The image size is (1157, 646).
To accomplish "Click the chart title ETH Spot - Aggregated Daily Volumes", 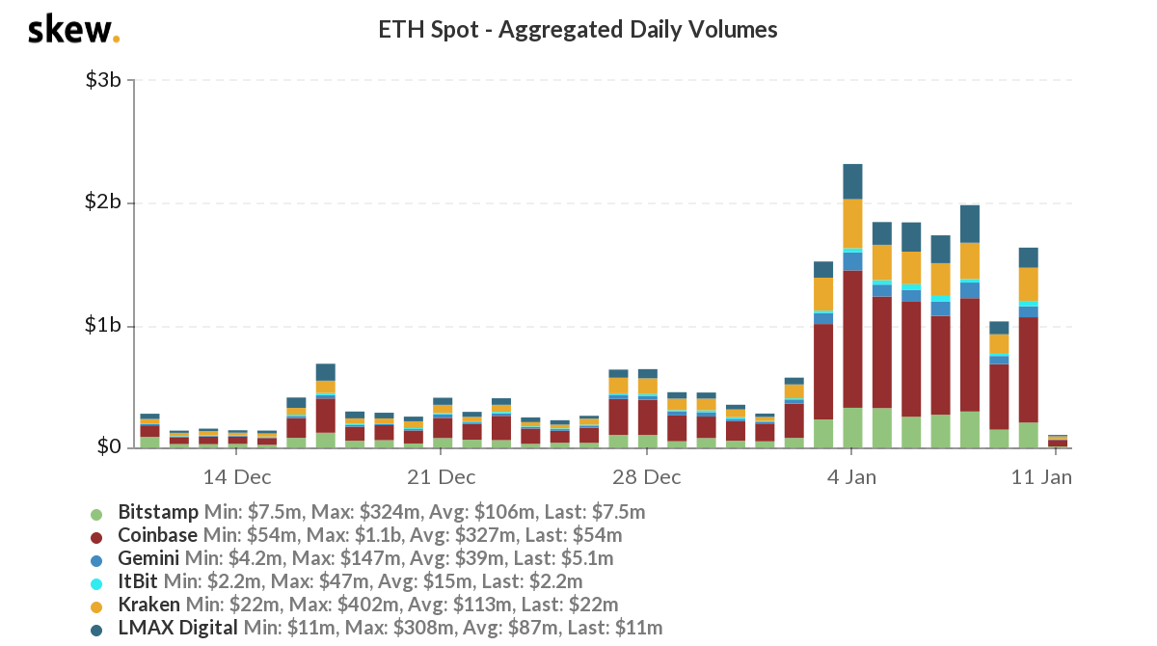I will click(578, 30).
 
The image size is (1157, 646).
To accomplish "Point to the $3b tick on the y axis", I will click(102, 80).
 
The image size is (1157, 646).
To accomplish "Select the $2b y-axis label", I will click(102, 203).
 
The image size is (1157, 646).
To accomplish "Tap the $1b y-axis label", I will click(102, 326).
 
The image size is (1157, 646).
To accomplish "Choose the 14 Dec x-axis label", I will click(237, 477).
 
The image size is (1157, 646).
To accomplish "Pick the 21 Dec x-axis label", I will click(441, 477).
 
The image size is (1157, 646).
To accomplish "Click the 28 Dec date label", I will click(646, 477).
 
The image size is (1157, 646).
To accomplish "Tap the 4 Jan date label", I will click(850, 477).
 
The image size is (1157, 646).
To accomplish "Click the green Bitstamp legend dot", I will click(96, 513).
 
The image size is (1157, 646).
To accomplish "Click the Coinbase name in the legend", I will click(157, 535).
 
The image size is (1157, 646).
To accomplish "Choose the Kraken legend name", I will click(148, 606).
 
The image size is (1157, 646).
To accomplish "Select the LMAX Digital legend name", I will click(177, 629).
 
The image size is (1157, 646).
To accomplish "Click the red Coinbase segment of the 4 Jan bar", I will click(852, 337).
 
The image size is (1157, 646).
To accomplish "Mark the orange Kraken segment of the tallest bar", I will click(852, 224).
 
